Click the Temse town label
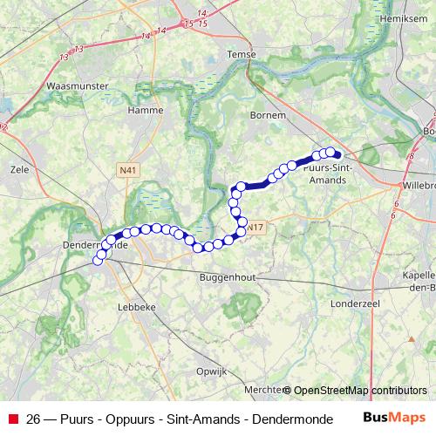pyautogui.click(x=242, y=53)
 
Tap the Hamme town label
pyautogui.click(x=145, y=111)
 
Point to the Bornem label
pyautogui.click(x=268, y=114)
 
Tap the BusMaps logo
pyautogui.click(x=394, y=418)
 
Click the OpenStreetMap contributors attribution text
pyautogui.click(x=360, y=391)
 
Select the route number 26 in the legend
pyautogui.click(x=33, y=419)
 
